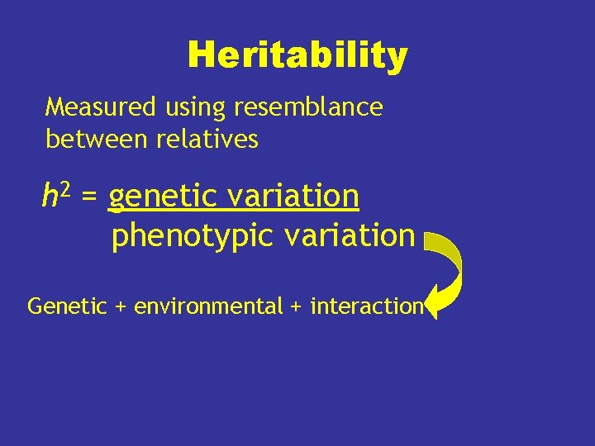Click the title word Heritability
click(297, 56)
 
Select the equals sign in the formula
click(90, 198)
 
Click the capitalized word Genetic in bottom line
click(67, 306)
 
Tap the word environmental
click(208, 306)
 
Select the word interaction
click(367, 306)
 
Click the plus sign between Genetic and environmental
click(121, 307)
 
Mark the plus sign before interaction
click(297, 307)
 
